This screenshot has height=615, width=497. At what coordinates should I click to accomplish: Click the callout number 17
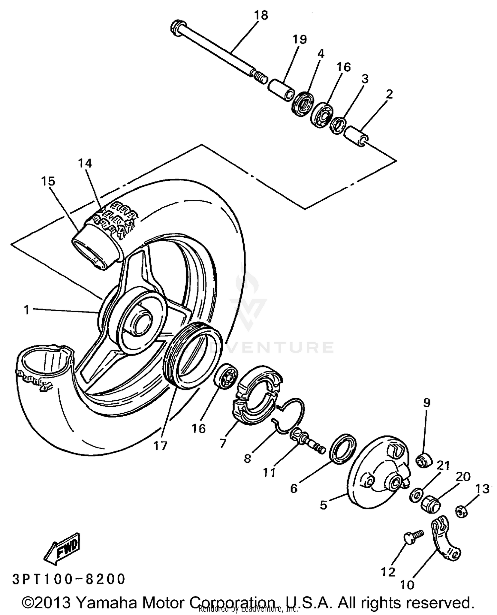160,445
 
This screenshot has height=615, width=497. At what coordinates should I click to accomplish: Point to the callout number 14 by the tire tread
85,163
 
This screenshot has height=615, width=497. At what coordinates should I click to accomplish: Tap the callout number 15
48,181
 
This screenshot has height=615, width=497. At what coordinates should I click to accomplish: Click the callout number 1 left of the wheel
27,310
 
